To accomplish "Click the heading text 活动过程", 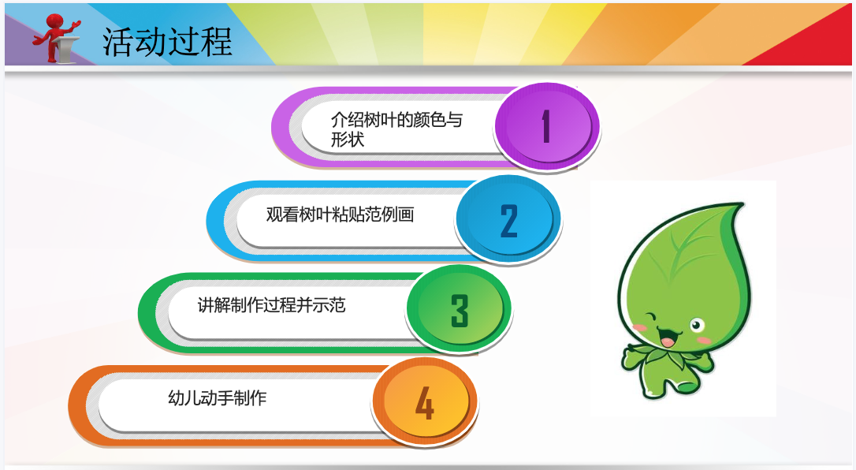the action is coord(167,42).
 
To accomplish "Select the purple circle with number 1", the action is coord(546,126).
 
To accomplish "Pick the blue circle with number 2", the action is coord(508,220).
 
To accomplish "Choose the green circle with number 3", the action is coord(459,309).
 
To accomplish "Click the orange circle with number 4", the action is coord(424,403).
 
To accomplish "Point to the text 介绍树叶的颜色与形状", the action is coord(396,129).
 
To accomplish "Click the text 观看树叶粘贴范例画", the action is coord(340,214).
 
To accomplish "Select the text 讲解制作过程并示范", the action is coord(271,304).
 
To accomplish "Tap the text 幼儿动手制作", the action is coord(218,398).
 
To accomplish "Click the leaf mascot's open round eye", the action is coord(697,326).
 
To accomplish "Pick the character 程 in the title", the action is coord(216,42).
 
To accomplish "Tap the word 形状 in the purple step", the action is coord(347,140).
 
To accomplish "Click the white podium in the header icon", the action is coord(65,48).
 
